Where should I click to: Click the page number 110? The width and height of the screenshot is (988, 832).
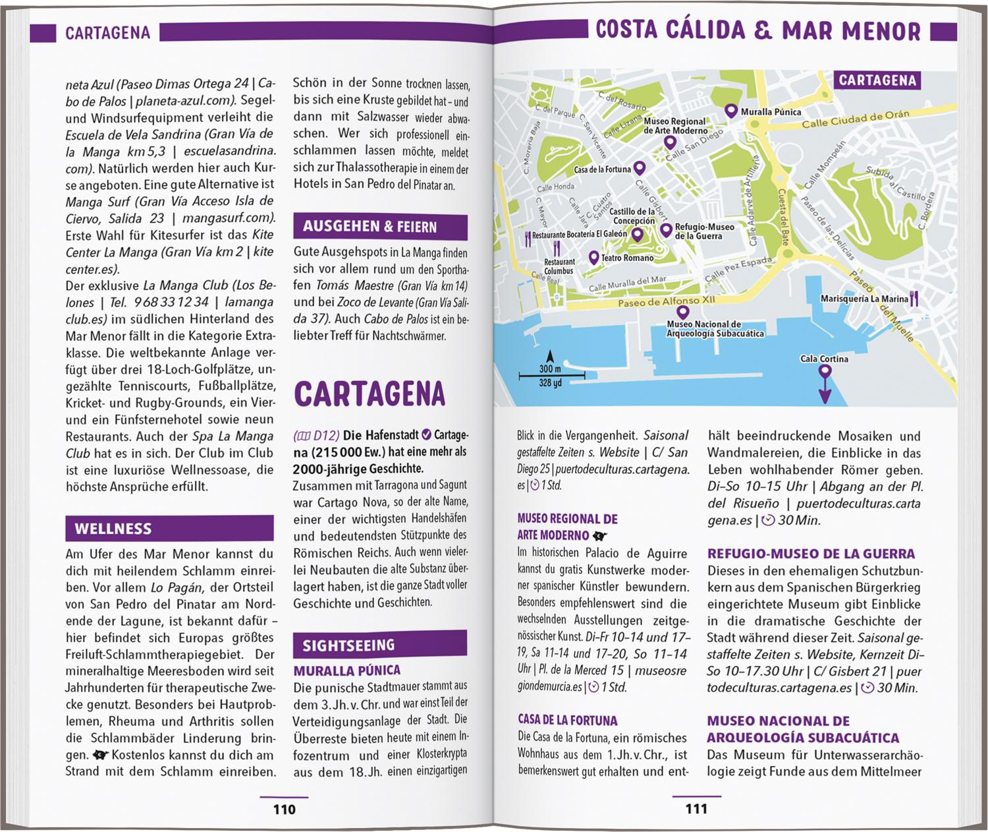point(284,810)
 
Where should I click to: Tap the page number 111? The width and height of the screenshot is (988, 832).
point(696,809)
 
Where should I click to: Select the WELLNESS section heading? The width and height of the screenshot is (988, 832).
point(113,529)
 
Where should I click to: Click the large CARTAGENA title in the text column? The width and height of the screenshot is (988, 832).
point(370,394)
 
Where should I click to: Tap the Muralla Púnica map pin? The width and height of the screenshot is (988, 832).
point(730,111)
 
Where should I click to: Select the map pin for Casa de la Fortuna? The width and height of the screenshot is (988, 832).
point(638,168)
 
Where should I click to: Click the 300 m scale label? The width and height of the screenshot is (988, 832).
point(550,369)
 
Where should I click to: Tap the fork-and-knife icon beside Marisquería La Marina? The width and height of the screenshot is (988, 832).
point(914,299)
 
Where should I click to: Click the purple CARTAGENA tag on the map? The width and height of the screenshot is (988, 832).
point(877,80)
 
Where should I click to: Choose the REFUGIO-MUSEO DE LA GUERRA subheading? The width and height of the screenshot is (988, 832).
point(811,554)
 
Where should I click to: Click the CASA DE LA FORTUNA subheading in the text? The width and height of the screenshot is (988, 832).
point(567,721)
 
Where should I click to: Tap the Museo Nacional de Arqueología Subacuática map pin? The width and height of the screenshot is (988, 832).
point(683,312)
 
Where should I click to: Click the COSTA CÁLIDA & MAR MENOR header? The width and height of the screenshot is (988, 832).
point(757,31)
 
